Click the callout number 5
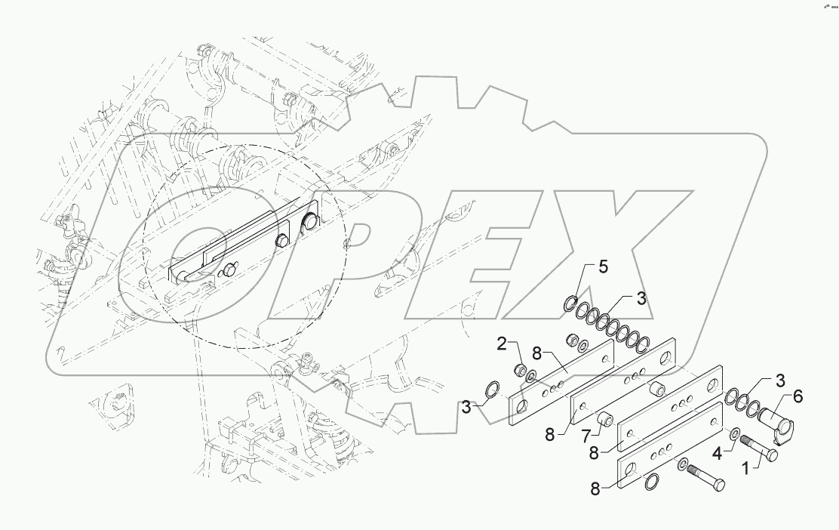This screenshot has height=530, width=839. coord(602,267)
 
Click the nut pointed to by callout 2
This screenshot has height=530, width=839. coord(520,370)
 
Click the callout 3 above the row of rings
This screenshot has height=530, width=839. coord(641,298)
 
